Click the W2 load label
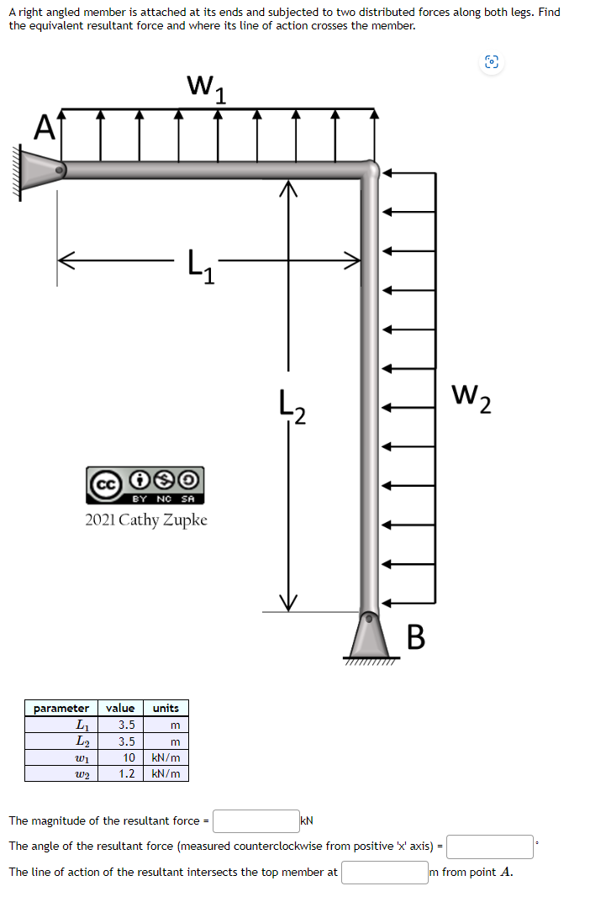471,396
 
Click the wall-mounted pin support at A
38,171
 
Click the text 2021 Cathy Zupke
146,520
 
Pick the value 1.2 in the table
126,773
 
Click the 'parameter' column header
61,708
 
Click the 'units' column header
166,708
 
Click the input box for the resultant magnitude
256,820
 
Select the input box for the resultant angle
489,846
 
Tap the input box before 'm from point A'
383,872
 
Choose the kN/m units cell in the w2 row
166,773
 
